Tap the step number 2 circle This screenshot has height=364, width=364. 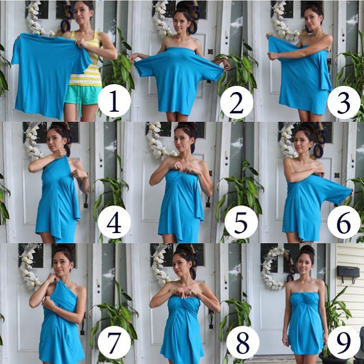coord(236,103)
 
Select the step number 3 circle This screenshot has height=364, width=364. coord(344,103)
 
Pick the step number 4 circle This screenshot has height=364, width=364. coord(114,222)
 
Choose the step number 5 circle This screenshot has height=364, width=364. coord(241,222)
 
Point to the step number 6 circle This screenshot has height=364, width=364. coord(344,222)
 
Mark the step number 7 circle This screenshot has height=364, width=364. coord(114,343)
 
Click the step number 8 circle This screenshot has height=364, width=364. coord(243,343)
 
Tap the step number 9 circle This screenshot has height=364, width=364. coord(344,343)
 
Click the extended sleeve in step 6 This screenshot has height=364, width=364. coord(334,190)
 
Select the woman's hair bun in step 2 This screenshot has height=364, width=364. coord(183,7)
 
